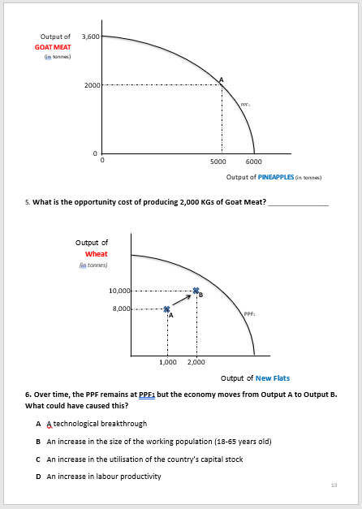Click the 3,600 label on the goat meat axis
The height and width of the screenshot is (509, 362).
pyautogui.click(x=91, y=37)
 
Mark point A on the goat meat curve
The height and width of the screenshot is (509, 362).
pyautogui.click(x=222, y=81)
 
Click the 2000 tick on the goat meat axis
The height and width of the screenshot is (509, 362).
pyautogui.click(x=91, y=85)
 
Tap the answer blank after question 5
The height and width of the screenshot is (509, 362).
pyautogui.click(x=298, y=201)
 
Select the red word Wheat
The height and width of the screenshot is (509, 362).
pyautogui.click(x=97, y=254)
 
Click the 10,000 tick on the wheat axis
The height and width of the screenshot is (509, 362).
pyautogui.click(x=119, y=291)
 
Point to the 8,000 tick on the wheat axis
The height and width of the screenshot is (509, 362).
pyautogui.click(x=120, y=308)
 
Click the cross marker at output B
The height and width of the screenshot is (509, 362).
pyautogui.click(x=196, y=291)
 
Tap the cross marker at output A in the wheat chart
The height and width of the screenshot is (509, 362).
pyautogui.click(x=167, y=308)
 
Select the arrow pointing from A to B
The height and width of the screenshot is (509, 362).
pyautogui.click(x=182, y=300)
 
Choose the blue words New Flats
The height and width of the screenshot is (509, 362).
pyautogui.click(x=272, y=378)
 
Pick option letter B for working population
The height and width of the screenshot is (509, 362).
pyautogui.click(x=38, y=442)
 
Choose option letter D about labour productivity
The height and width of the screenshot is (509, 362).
pyautogui.click(x=38, y=477)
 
